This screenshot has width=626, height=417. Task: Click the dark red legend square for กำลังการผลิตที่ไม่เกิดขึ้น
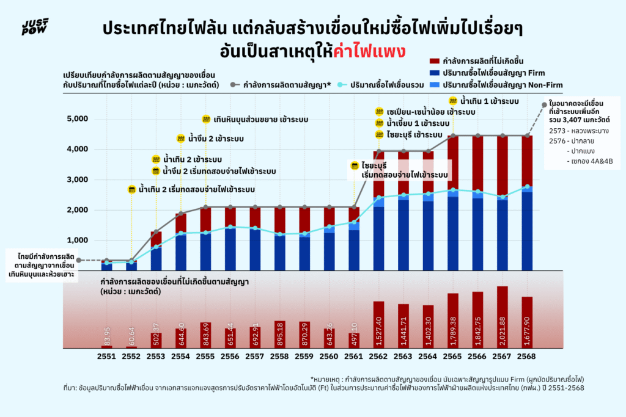pyautogui.click(x=435, y=61)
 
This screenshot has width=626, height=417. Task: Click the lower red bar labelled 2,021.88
pyautogui.click(x=503, y=317)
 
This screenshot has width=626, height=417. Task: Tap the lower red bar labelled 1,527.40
pyautogui.click(x=379, y=324)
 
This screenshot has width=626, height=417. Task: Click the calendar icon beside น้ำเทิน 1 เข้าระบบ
pyautogui.click(x=452, y=101)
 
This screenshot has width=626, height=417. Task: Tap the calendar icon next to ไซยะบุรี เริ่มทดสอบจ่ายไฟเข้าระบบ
pyautogui.click(x=354, y=165)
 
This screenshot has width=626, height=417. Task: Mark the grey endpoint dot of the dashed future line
pyautogui.click(x=544, y=105)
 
